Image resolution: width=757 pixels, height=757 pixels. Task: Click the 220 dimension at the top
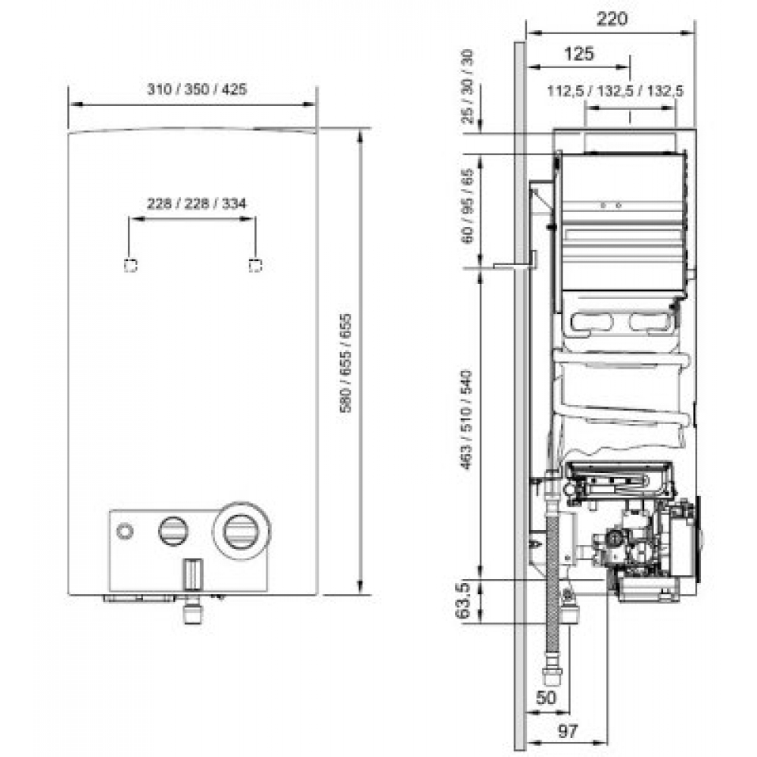coord(612,20)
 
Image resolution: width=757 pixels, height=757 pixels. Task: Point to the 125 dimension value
coord(579,54)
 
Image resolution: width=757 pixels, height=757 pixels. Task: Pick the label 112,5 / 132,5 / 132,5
coord(616,91)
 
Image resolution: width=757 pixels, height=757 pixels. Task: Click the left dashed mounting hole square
coord(130,264)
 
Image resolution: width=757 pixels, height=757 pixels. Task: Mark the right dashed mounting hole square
coord(255,264)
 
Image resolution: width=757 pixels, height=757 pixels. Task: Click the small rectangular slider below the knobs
coord(194,573)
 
